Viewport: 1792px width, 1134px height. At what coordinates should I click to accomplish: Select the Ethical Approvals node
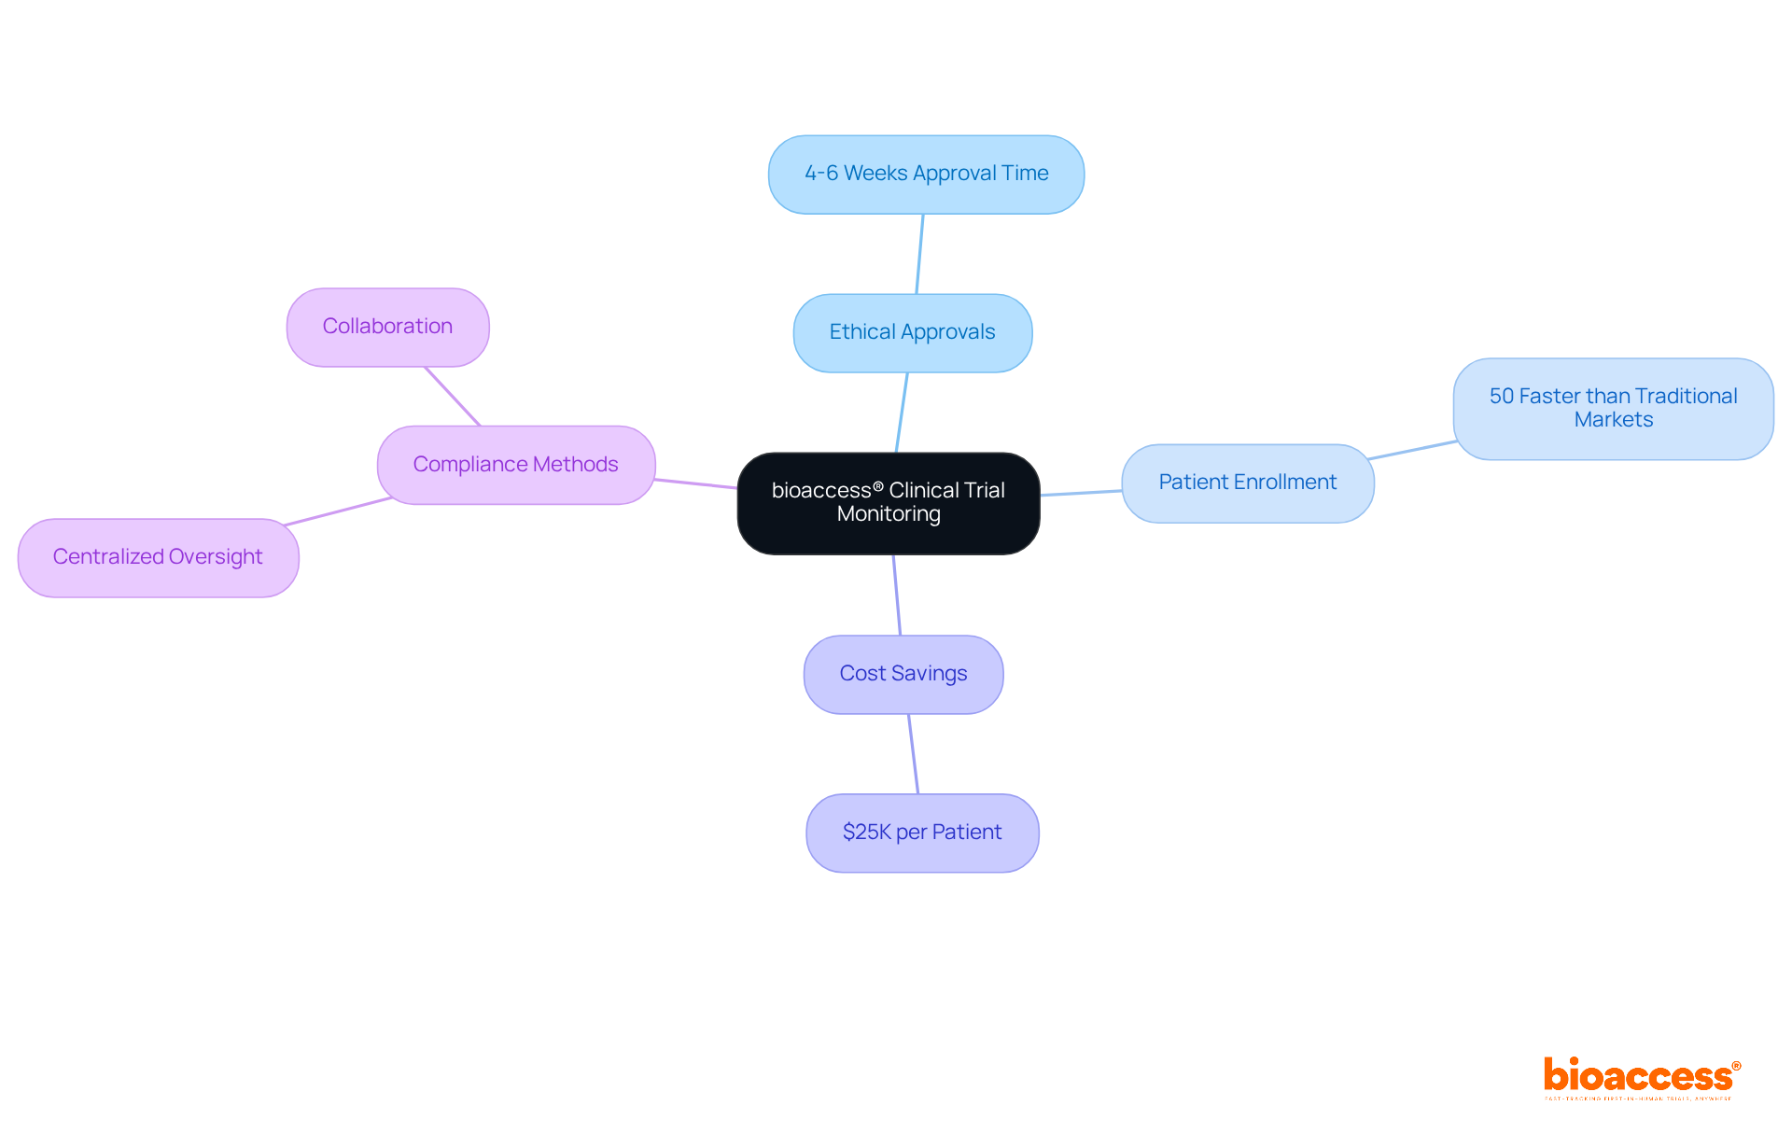(x=912, y=332)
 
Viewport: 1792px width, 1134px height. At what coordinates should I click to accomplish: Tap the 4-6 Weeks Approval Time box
(x=926, y=174)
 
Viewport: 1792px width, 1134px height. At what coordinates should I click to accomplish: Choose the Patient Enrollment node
(x=1247, y=483)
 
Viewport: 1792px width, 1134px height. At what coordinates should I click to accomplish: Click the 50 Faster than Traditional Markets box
(x=1613, y=408)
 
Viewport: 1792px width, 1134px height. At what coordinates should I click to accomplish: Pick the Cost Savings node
(x=903, y=674)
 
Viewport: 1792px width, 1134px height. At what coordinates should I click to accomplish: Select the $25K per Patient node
(x=922, y=833)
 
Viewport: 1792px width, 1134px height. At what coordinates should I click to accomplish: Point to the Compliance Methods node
(x=515, y=465)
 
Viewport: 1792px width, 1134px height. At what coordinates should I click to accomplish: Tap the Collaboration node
(x=387, y=327)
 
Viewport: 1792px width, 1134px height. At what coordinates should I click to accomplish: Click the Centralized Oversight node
(x=158, y=557)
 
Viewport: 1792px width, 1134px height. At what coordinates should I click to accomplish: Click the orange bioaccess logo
(x=1639, y=1077)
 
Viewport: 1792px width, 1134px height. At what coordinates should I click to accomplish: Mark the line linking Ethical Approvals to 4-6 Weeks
(x=919, y=254)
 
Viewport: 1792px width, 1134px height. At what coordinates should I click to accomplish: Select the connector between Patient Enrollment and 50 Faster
(x=1412, y=450)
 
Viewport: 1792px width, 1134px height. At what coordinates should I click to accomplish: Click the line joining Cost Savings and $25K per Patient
(x=913, y=754)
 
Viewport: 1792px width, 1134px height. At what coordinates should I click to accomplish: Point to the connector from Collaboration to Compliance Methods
(x=453, y=396)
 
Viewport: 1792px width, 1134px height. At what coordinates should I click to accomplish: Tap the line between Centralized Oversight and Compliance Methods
(x=338, y=511)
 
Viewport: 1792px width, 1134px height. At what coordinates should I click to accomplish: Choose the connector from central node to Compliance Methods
(x=695, y=483)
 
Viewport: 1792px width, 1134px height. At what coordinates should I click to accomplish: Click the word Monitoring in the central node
(x=889, y=514)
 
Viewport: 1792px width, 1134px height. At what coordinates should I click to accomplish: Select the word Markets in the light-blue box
(x=1613, y=420)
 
